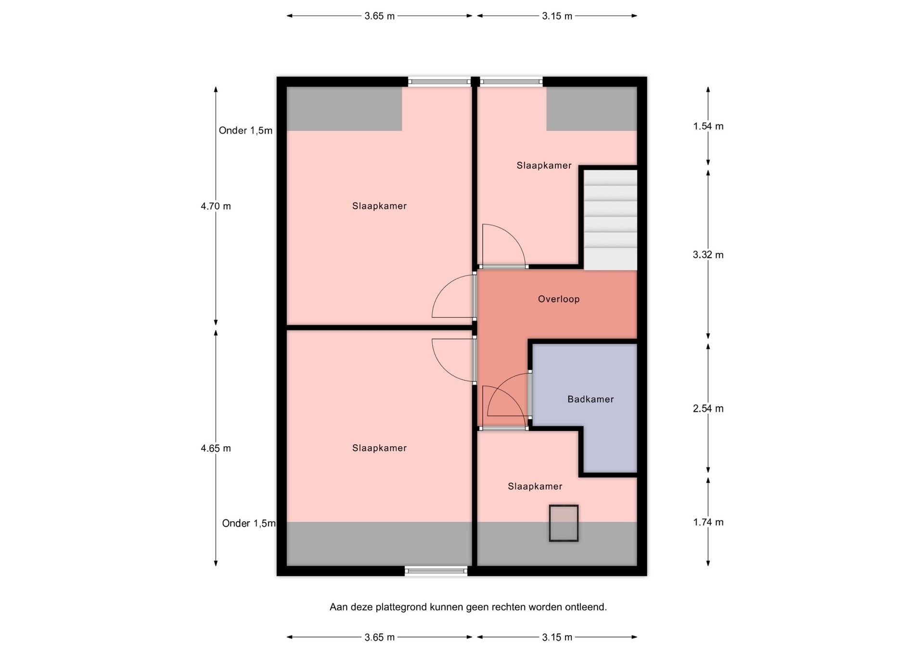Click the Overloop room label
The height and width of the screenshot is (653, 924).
click(x=559, y=299)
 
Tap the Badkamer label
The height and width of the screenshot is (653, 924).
click(x=590, y=399)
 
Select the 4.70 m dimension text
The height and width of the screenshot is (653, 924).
click(x=216, y=206)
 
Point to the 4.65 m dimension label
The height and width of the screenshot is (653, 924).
click(x=216, y=449)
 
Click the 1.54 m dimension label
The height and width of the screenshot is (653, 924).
click(x=708, y=126)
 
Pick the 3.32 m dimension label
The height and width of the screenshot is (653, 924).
click(x=708, y=255)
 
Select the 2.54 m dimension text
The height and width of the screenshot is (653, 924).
click(x=708, y=409)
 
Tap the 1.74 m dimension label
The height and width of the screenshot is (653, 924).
click(x=708, y=522)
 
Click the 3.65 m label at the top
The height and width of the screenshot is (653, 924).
click(x=380, y=16)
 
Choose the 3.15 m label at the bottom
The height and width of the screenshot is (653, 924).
click(x=557, y=637)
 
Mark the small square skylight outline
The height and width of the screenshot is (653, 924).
click(x=564, y=523)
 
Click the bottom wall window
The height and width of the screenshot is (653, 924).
click(x=436, y=571)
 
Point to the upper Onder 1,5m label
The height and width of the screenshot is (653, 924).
click(x=245, y=130)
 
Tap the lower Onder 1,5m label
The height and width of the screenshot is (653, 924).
click(x=249, y=523)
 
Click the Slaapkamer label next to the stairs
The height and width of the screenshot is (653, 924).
click(x=544, y=165)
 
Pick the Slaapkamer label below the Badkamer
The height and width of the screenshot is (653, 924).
click(x=535, y=487)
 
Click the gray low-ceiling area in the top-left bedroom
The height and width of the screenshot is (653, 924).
click(x=344, y=109)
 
